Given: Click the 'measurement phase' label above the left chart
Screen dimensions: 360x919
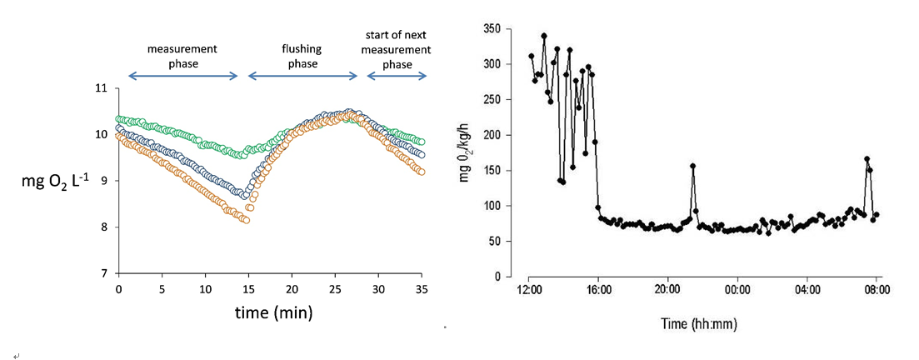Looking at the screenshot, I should (x=182, y=55).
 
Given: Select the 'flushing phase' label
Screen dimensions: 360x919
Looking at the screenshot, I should (x=302, y=55).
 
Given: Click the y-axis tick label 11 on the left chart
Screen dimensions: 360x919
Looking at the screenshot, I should (x=102, y=88).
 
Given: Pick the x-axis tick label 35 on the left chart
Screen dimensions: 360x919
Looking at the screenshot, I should (x=421, y=289).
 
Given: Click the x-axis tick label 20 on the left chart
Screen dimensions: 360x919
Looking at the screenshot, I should (x=291, y=289).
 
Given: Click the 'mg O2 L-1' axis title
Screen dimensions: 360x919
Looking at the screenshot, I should (x=57, y=181).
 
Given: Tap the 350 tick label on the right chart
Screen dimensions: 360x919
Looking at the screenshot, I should (x=492, y=29).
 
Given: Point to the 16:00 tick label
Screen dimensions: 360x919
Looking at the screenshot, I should (x=599, y=291).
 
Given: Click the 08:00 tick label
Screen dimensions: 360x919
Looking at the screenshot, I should (x=877, y=291).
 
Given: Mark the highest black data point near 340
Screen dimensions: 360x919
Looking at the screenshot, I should (x=544, y=36).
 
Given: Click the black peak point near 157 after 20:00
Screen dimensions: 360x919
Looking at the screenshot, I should (x=693, y=166).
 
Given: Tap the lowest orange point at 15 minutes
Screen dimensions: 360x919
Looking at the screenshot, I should (x=247, y=220).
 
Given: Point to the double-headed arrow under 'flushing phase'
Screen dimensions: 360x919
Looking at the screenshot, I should (x=302, y=77).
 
